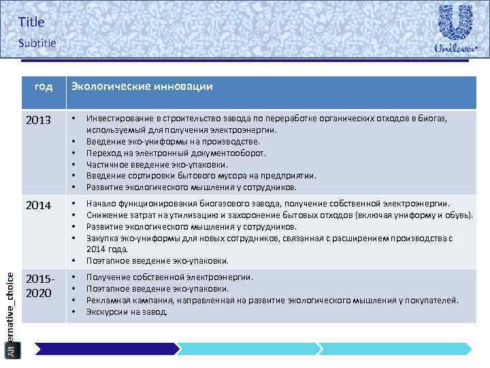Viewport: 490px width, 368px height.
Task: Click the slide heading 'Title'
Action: [x=31, y=22]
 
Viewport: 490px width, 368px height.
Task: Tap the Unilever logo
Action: [x=455, y=30]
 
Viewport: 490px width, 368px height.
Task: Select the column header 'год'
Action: [x=44, y=87]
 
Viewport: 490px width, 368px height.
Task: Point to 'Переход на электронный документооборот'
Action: [x=176, y=153]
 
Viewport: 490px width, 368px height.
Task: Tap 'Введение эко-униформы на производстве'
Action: [x=173, y=141]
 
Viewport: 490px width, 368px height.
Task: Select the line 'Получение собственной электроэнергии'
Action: [x=169, y=277]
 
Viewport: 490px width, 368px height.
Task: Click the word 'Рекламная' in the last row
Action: [x=108, y=300]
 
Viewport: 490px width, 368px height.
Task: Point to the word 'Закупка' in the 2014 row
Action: [x=102, y=238]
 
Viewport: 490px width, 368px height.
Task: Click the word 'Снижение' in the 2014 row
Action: [x=105, y=215]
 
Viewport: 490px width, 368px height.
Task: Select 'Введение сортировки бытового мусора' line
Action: [x=201, y=176]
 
